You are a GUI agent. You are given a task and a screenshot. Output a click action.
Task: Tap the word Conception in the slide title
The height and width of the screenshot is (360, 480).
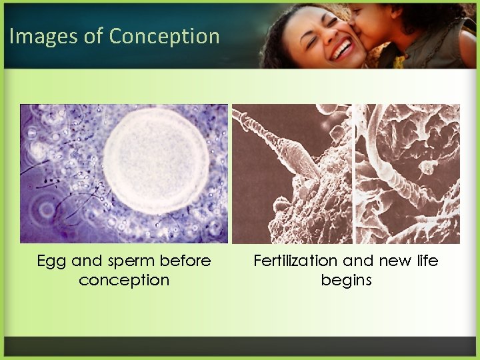pyautogui.click(x=164, y=36)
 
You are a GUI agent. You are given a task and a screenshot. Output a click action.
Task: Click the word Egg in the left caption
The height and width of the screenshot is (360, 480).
pyautogui.click(x=51, y=261)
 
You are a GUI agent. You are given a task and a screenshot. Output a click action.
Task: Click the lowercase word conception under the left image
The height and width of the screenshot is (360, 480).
pyautogui.click(x=124, y=280)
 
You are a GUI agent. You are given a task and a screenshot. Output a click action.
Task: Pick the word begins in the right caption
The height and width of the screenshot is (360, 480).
pyautogui.click(x=346, y=280)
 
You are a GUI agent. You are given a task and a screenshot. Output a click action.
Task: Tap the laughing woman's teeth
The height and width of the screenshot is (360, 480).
pyautogui.click(x=343, y=49)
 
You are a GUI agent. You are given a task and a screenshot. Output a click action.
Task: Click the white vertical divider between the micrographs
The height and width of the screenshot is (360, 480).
pyautogui.click(x=353, y=173)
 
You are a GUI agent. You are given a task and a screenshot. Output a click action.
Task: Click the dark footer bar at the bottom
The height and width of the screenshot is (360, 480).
pyautogui.click(x=240, y=346)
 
